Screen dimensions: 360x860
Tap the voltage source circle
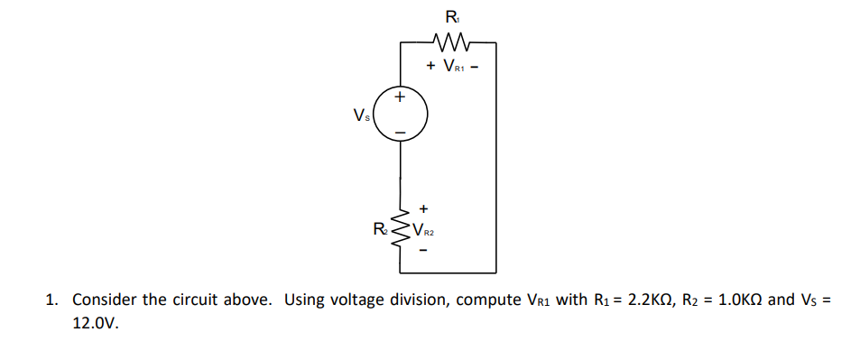click(401, 115)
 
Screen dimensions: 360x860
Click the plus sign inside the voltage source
click(401, 96)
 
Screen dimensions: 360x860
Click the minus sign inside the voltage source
click(401, 134)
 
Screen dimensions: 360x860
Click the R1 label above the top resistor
click(451, 15)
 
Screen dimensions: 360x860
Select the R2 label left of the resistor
click(382, 226)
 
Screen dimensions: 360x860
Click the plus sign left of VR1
click(431, 66)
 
